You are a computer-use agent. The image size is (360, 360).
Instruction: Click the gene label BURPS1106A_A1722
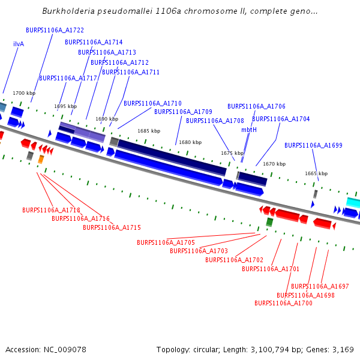pos(55,30)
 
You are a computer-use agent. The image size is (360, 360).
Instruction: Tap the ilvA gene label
pos(19,44)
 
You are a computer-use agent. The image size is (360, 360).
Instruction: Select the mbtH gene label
pos(249,130)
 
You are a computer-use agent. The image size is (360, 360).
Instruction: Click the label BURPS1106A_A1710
pos(152,103)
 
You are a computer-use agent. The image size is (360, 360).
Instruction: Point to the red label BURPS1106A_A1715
pos(112,227)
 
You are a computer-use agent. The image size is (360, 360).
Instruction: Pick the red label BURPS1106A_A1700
pos(283,303)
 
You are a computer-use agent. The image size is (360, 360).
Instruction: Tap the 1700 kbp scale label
pos(24,93)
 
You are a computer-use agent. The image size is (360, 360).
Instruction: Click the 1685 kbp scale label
pos(149,130)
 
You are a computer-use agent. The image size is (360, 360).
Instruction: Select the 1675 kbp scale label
pos(233,153)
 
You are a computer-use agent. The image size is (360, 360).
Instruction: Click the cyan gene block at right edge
pos(353,203)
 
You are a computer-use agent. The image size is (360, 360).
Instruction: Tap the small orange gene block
pos(41,159)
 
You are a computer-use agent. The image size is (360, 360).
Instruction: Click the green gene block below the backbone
pos(269,222)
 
